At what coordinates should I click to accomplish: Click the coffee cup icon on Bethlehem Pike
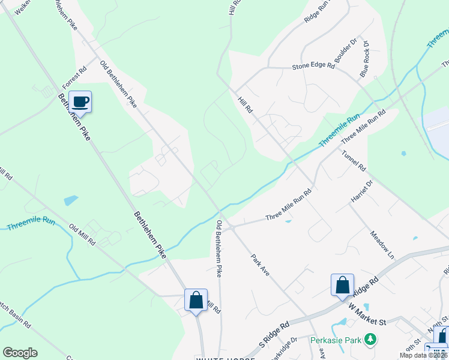[x=80, y=102]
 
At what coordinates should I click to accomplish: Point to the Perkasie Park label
[x=336, y=340]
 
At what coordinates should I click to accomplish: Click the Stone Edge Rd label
[x=313, y=67]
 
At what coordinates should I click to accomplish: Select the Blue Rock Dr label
[x=364, y=55]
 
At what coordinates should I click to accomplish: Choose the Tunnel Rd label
[x=354, y=161]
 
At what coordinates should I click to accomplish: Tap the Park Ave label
[x=261, y=264]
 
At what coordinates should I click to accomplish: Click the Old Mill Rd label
[x=82, y=235]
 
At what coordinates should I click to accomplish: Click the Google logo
[x=20, y=353]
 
